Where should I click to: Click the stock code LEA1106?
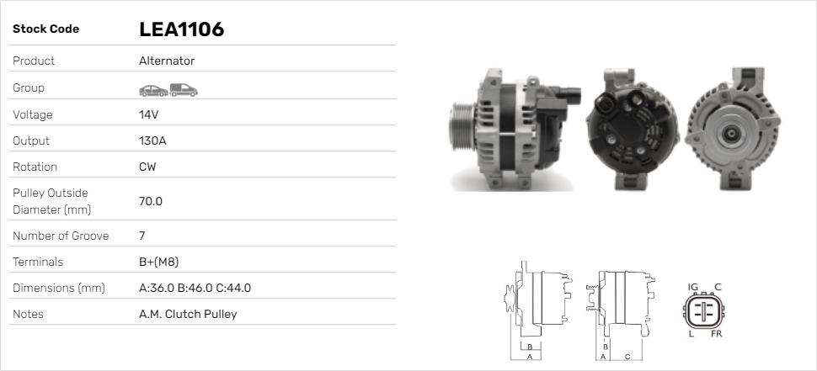181,29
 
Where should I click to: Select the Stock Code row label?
45,29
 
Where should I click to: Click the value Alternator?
166,61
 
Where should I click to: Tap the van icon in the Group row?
183,88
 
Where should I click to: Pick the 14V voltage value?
149,114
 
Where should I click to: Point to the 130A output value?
152,140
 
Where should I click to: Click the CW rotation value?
147,167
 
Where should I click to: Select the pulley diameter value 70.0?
151,201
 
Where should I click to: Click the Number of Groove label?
61,236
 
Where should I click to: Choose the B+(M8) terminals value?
158,262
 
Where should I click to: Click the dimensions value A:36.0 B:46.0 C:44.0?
195,288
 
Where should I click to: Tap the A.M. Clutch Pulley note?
187,314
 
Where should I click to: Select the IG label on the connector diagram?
693,287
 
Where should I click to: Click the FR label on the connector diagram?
716,334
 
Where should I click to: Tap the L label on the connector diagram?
691,334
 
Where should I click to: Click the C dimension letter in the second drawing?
627,357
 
